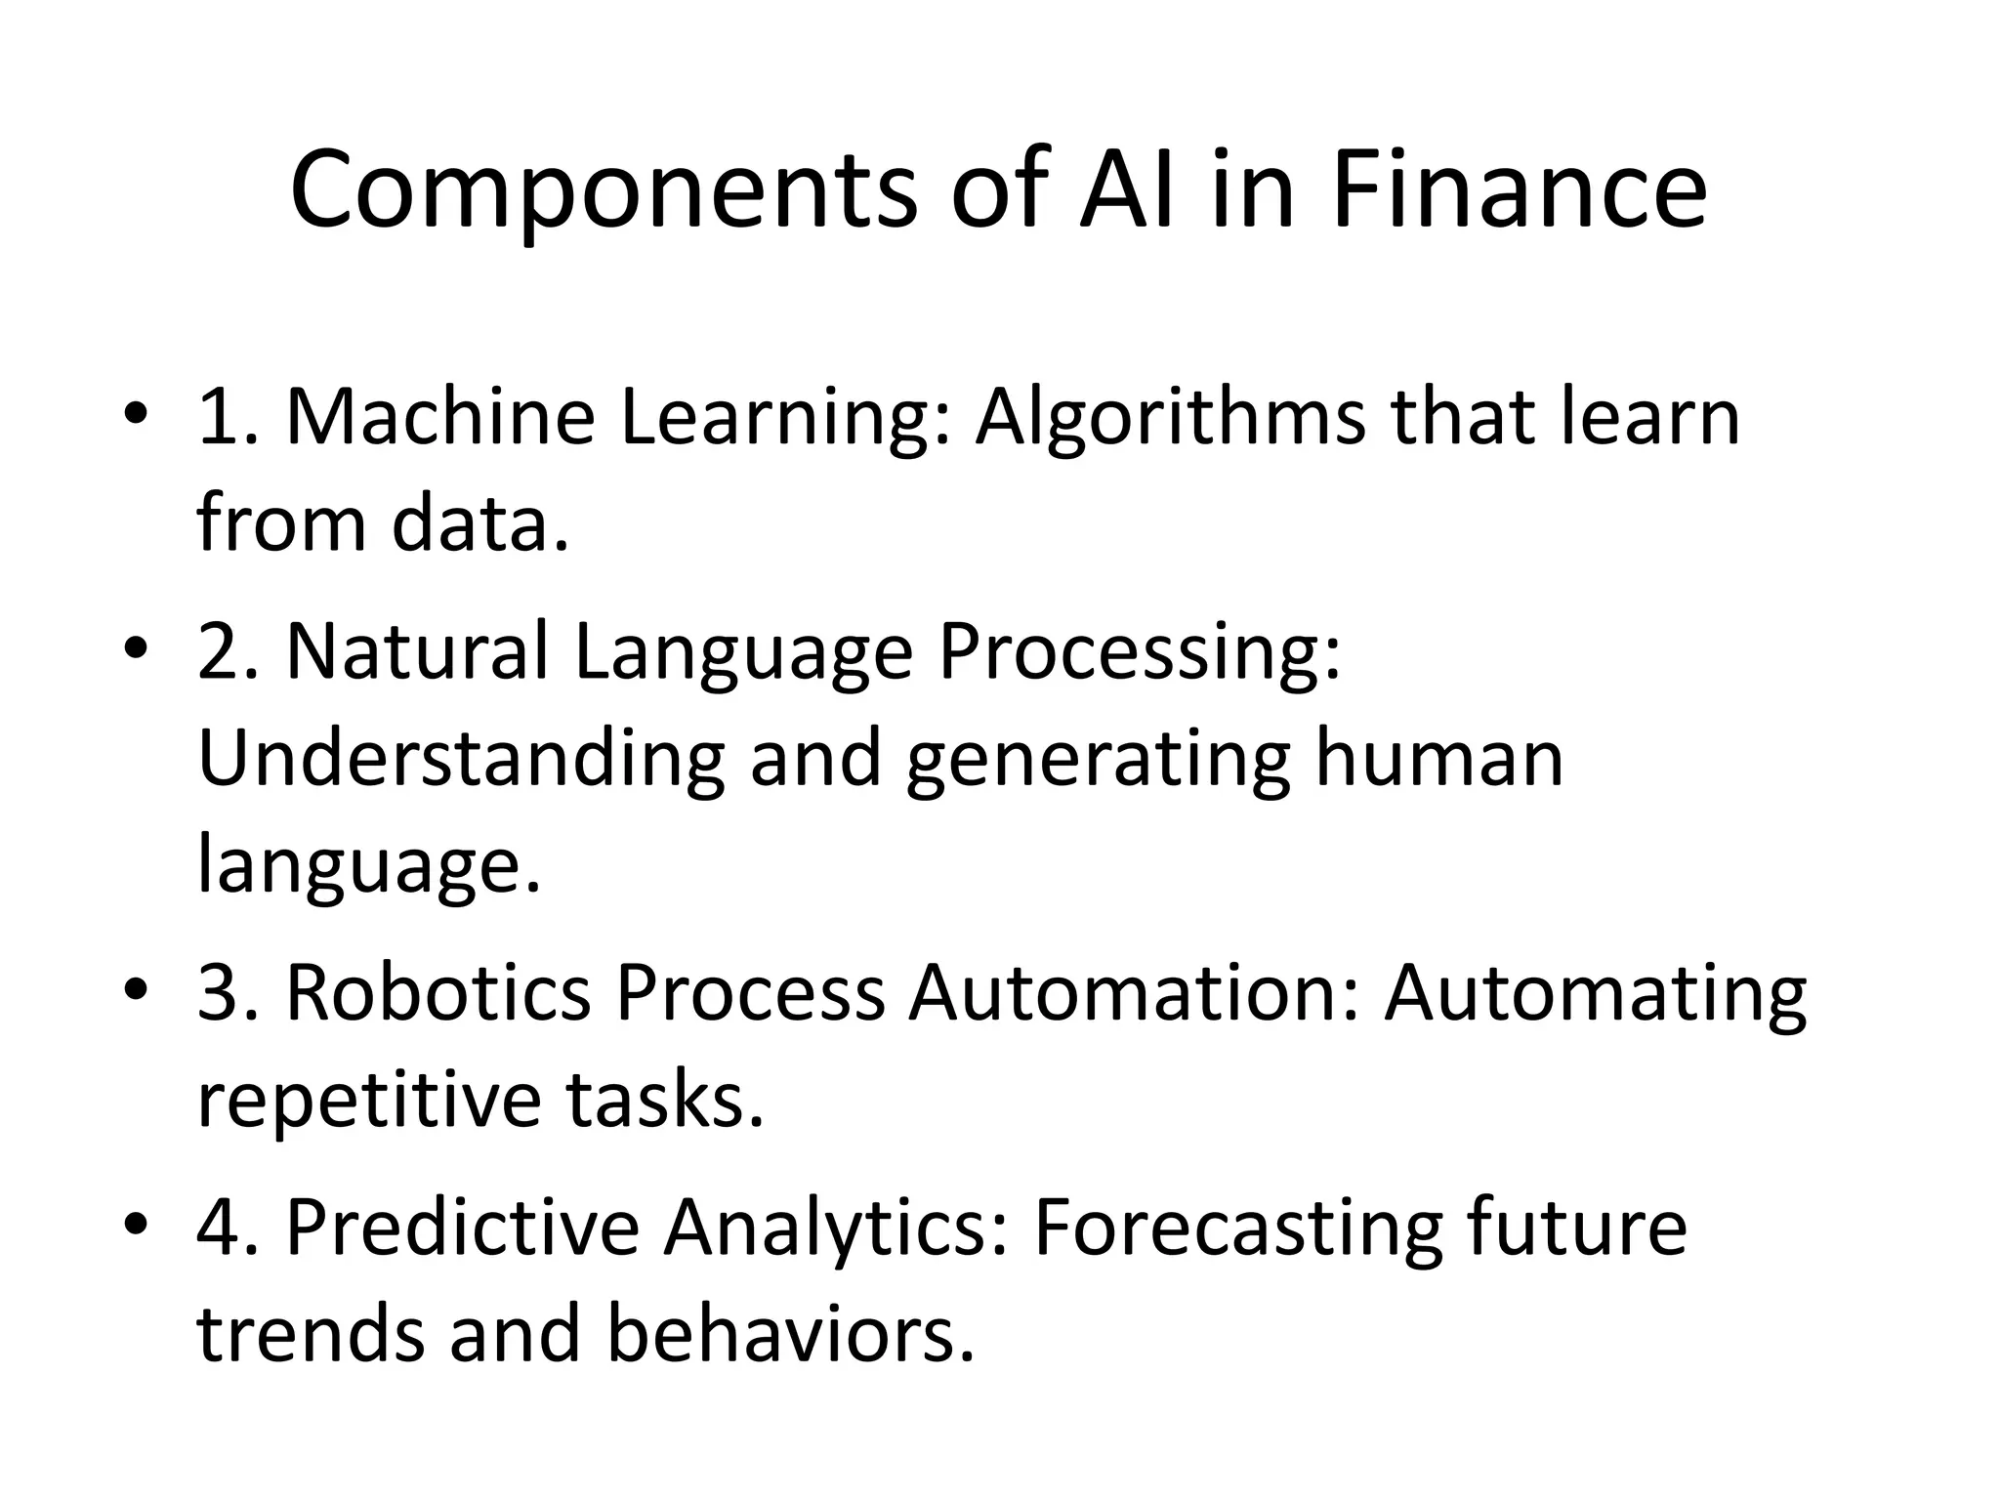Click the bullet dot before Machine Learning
(x=136, y=416)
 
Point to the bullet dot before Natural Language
(x=136, y=650)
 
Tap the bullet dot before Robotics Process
(x=136, y=991)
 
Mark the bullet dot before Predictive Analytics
(x=136, y=1226)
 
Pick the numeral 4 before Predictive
(x=217, y=1228)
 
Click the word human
(x=1438, y=758)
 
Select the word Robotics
(x=437, y=992)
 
